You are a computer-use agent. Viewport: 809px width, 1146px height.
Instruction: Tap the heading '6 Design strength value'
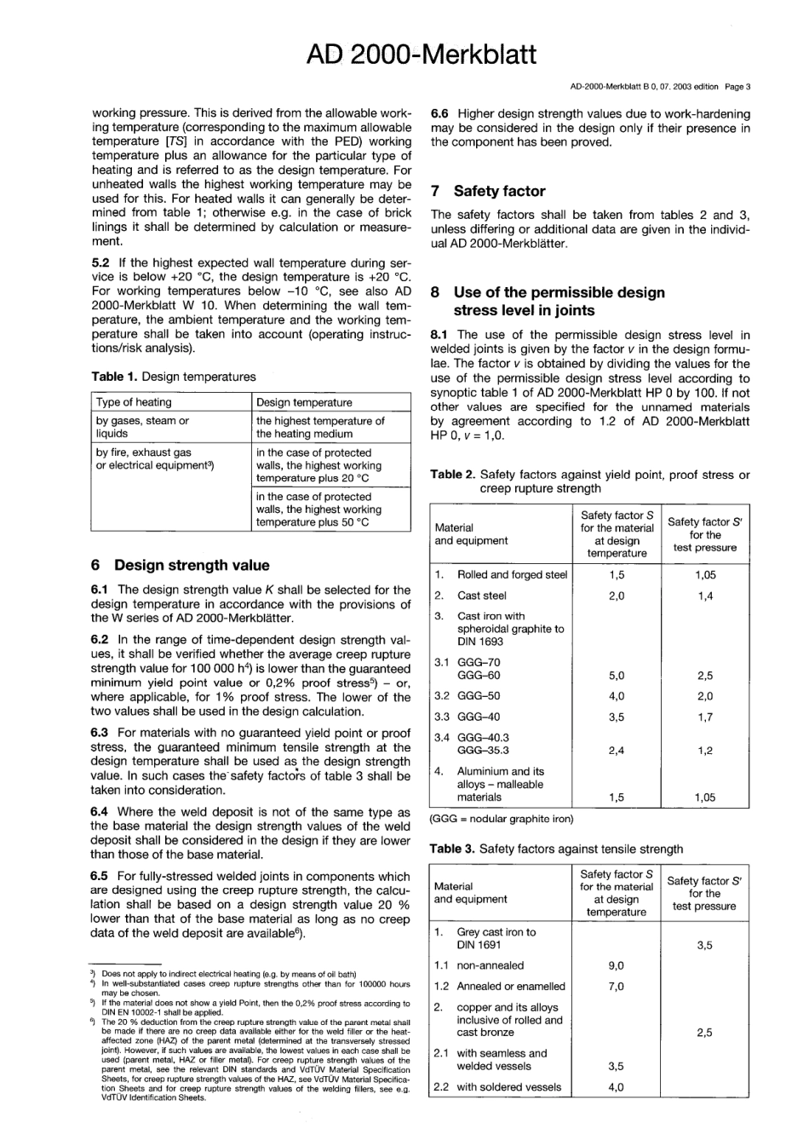[x=180, y=565]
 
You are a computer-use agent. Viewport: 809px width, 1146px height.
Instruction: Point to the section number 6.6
[x=441, y=114]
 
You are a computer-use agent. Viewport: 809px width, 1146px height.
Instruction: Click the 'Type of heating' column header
[x=134, y=402]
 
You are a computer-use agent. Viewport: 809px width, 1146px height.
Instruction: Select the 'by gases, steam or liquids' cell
[x=142, y=427]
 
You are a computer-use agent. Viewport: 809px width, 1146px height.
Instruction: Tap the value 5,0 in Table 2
[x=617, y=676]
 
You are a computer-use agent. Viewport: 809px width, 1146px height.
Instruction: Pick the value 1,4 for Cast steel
[x=704, y=596]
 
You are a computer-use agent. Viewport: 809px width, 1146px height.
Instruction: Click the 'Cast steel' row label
[x=481, y=596]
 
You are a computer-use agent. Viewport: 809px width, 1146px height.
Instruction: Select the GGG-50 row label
[x=479, y=696]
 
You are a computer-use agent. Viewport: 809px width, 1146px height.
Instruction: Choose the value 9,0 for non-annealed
[x=616, y=965]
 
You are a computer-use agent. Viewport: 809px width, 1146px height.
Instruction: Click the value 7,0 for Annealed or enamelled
[x=616, y=987]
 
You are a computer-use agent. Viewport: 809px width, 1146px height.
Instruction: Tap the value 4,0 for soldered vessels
[x=616, y=1086]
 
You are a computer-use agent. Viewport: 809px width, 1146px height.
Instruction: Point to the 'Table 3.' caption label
[x=452, y=849]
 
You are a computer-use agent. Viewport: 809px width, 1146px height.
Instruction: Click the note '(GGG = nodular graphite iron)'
[x=502, y=819]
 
